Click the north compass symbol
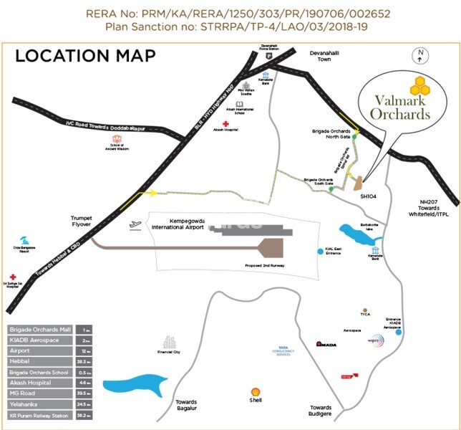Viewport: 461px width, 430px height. [x=422, y=53]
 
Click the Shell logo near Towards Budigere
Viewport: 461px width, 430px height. [x=254, y=393]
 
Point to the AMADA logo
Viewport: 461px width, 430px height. [x=326, y=344]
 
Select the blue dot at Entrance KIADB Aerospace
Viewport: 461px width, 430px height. [x=399, y=332]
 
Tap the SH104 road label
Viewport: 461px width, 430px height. [x=368, y=196]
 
